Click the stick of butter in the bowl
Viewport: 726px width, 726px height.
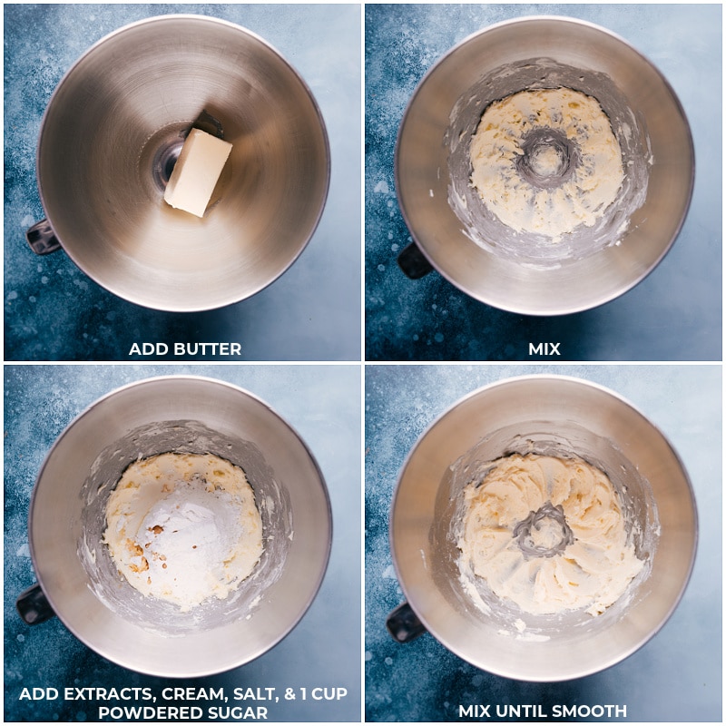198,172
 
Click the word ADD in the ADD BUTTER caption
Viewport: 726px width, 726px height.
148,349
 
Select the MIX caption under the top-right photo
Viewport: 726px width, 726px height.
544,349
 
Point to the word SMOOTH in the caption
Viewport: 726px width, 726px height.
590,711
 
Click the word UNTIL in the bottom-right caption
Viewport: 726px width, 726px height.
524,711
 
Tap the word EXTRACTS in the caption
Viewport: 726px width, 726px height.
95,694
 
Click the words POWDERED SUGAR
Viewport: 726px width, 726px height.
181,712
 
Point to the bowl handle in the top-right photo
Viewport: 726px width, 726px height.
414,260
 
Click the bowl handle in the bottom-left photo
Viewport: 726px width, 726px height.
35,603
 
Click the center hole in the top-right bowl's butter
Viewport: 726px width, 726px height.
545,157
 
